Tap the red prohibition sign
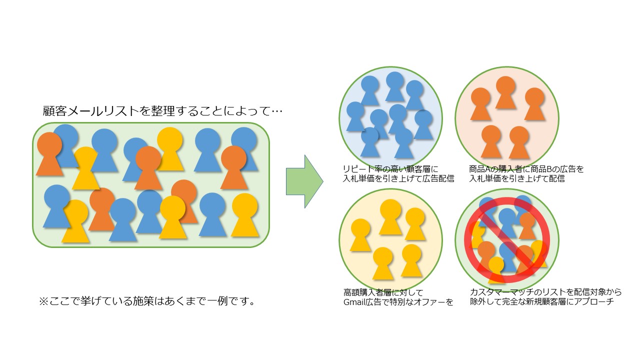[507, 240]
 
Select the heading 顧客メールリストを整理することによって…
[162, 111]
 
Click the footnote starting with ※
[147, 301]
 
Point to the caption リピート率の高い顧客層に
[390, 169]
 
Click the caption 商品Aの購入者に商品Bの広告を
[526, 169]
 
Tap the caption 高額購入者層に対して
[383, 292]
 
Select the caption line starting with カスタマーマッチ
[545, 292]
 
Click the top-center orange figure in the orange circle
[505, 92]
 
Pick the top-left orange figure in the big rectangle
[49, 153]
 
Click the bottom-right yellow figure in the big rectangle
[244, 215]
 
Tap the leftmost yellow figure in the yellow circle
[360, 235]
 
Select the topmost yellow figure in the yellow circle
[390, 216]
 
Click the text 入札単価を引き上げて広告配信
[398, 179]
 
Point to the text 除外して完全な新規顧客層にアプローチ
[541, 301]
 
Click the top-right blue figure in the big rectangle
[244, 149]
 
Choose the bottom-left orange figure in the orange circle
[491, 141]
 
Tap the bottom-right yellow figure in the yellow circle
[411, 260]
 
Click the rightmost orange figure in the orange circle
[534, 104]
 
